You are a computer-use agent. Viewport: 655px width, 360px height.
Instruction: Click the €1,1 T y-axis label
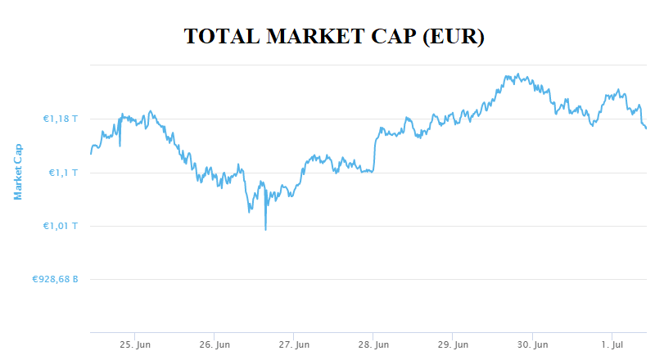(64, 173)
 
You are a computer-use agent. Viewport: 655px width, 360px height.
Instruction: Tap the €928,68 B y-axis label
(55, 279)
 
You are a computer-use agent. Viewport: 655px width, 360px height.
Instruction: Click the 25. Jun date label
(135, 345)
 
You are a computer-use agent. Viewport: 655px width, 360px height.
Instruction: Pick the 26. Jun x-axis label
(215, 345)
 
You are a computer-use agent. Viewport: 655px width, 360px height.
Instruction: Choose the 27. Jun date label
(295, 345)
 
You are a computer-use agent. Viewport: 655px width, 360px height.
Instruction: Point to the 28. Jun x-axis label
(374, 345)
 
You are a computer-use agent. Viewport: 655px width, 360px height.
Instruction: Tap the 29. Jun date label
(454, 345)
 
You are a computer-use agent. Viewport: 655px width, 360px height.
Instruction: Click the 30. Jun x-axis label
(534, 345)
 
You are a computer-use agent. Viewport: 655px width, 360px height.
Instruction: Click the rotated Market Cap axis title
(17, 171)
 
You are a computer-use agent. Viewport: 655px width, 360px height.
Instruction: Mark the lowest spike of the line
(265, 229)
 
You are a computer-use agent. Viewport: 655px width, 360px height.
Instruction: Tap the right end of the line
(646, 128)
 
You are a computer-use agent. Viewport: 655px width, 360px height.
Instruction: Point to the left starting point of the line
(90, 153)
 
